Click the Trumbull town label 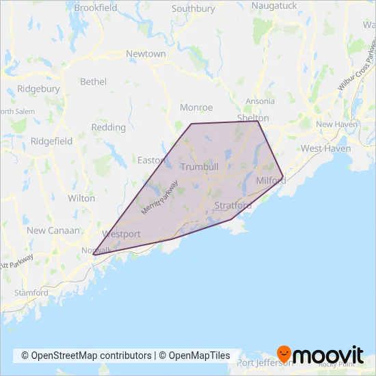[199, 167]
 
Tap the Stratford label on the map [232, 205]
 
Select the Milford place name [271, 180]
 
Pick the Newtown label [146, 53]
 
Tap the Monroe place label [196, 107]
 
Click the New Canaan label [53, 230]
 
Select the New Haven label [333, 124]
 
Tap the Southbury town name [193, 9]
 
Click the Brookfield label [96, 8]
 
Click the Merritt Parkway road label [159, 198]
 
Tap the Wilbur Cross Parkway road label [357, 68]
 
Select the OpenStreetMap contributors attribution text [86, 355]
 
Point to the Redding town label [108, 127]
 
